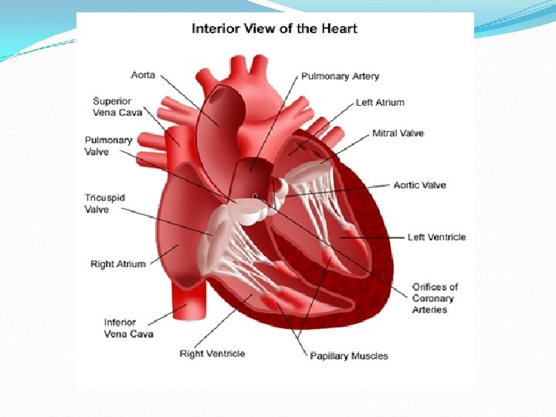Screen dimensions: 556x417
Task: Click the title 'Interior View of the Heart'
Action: point(274,29)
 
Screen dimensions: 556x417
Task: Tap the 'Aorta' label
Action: point(143,75)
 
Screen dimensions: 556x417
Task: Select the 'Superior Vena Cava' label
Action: point(117,107)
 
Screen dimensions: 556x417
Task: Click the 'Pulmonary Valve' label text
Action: point(108,146)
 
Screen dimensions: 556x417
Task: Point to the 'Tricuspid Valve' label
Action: point(104,204)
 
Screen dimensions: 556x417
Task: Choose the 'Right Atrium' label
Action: point(117,264)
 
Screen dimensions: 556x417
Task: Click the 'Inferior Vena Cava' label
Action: point(128,328)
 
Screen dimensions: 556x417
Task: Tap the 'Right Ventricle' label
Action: point(212,354)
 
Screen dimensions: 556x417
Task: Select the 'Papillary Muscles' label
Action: point(348,356)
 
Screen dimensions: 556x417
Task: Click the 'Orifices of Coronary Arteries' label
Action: point(435,298)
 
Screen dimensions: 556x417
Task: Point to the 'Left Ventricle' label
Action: point(436,237)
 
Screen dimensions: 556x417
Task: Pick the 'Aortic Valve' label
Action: point(419,185)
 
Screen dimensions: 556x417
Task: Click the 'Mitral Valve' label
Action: point(398,134)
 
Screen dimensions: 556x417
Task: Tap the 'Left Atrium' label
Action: point(379,102)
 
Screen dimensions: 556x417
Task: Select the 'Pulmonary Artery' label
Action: point(341,76)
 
